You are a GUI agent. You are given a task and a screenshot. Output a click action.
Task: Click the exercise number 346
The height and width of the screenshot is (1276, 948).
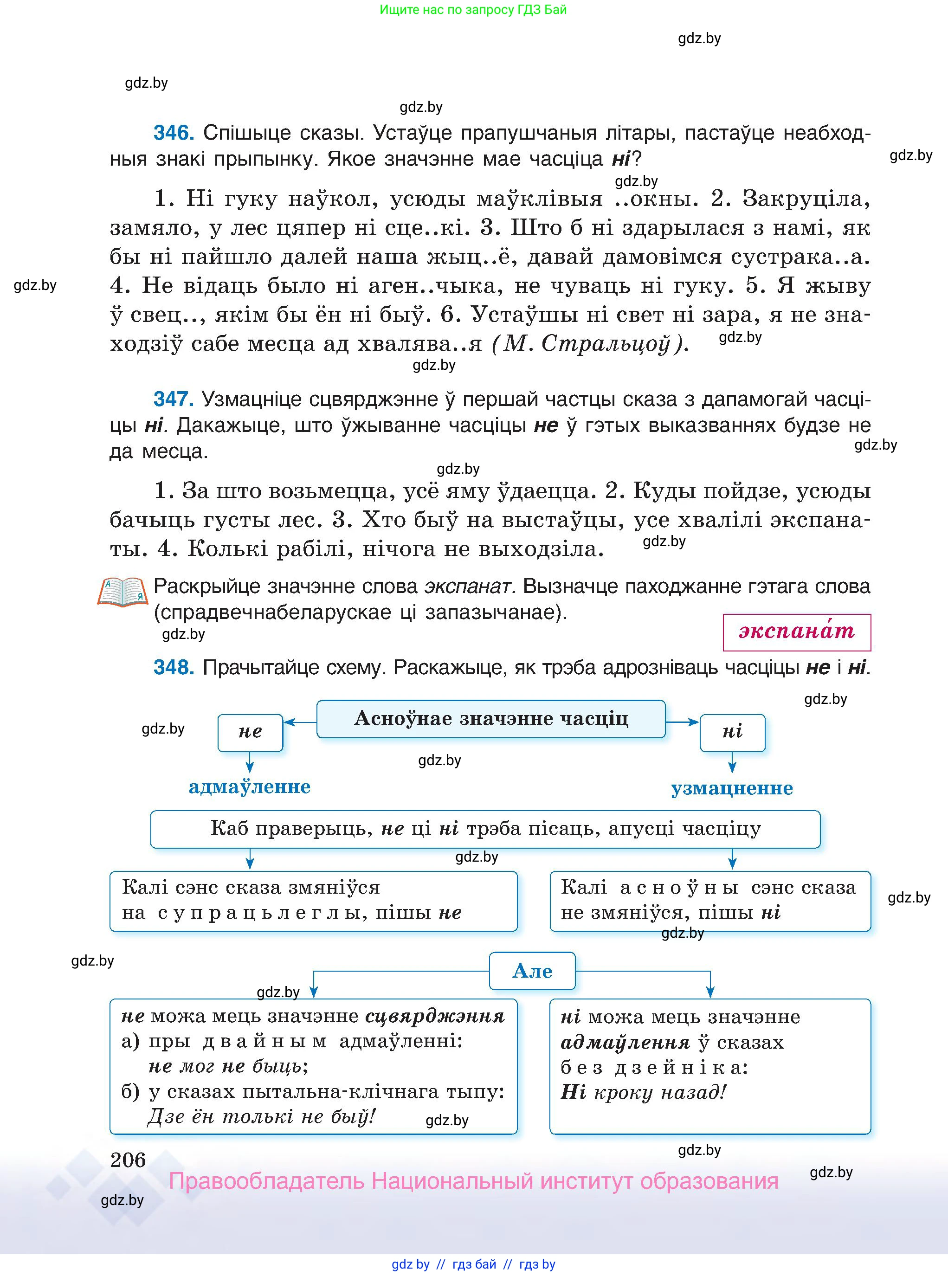[x=173, y=133]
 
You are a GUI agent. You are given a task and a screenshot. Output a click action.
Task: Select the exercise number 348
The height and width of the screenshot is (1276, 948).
[x=173, y=667]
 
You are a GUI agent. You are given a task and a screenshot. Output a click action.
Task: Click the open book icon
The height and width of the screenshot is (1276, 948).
[x=122, y=592]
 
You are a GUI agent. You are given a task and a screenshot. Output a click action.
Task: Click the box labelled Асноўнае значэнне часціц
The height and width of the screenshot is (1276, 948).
[x=490, y=718]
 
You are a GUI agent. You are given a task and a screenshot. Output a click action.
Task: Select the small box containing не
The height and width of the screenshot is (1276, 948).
[x=250, y=732]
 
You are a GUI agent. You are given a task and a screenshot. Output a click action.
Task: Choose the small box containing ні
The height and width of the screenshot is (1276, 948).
[x=732, y=732]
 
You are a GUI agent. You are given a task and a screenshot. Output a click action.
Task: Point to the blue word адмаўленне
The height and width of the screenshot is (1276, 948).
[x=250, y=786]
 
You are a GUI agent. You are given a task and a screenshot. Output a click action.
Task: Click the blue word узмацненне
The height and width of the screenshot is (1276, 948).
[x=732, y=788]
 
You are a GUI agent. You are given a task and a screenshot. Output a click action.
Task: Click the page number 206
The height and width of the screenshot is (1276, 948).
[x=128, y=1160]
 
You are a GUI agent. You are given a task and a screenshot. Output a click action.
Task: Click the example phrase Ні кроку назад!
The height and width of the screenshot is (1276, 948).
[x=643, y=1091]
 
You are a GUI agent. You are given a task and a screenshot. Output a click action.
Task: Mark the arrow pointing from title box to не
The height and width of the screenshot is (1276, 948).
[x=300, y=722]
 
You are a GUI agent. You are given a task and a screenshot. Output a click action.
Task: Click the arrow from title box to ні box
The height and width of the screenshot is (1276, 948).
[x=682, y=722]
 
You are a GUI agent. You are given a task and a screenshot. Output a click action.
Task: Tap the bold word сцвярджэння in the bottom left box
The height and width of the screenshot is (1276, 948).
[x=435, y=1016]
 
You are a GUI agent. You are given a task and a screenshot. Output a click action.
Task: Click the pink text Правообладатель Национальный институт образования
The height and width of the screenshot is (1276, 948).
[x=473, y=1181]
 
